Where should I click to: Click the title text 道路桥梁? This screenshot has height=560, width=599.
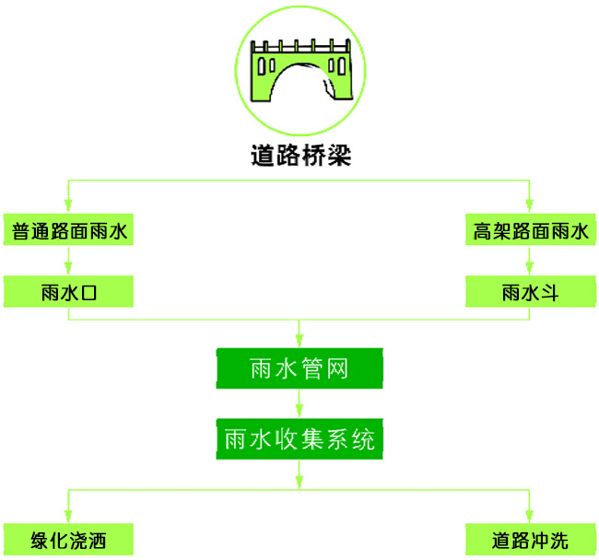[299, 155]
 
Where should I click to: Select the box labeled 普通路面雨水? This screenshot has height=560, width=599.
[68, 230]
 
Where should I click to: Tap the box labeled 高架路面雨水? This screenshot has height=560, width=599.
[530, 230]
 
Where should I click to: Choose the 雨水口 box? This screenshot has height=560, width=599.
[68, 293]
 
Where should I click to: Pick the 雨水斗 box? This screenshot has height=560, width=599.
[530, 293]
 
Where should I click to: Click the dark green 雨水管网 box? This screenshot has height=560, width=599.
[299, 369]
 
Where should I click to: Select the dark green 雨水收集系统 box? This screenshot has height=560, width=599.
[299, 439]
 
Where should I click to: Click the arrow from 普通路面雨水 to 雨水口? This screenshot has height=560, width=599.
[68, 261]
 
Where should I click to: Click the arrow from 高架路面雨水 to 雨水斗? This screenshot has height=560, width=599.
[530, 261]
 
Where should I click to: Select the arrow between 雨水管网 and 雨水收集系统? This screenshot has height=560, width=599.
[299, 403]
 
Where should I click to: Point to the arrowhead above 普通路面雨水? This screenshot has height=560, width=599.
[68, 204]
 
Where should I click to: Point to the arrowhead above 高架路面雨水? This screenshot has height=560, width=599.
[530, 204]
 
